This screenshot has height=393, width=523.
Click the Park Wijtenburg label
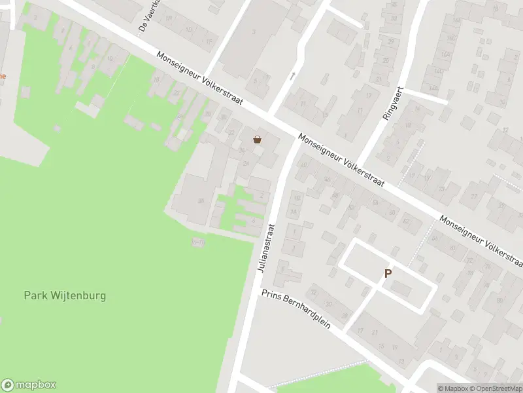point(65,295)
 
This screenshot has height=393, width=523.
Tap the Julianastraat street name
point(264,250)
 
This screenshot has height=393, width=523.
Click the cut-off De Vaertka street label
point(144,16)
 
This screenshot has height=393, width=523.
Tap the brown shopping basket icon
point(258,139)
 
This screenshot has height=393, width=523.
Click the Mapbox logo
point(29,385)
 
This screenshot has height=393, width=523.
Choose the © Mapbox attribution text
point(453,388)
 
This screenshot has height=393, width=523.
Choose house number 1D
point(190,30)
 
